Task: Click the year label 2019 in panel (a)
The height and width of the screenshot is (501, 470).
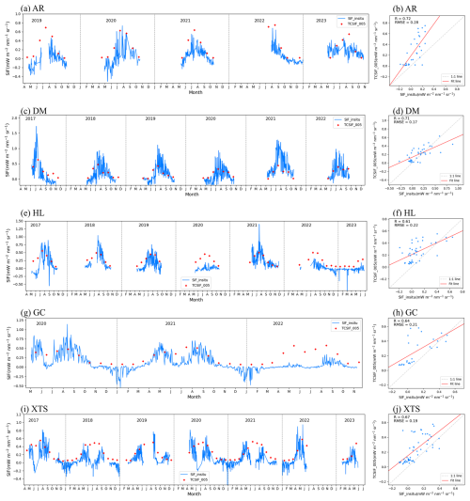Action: tap(37, 19)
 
